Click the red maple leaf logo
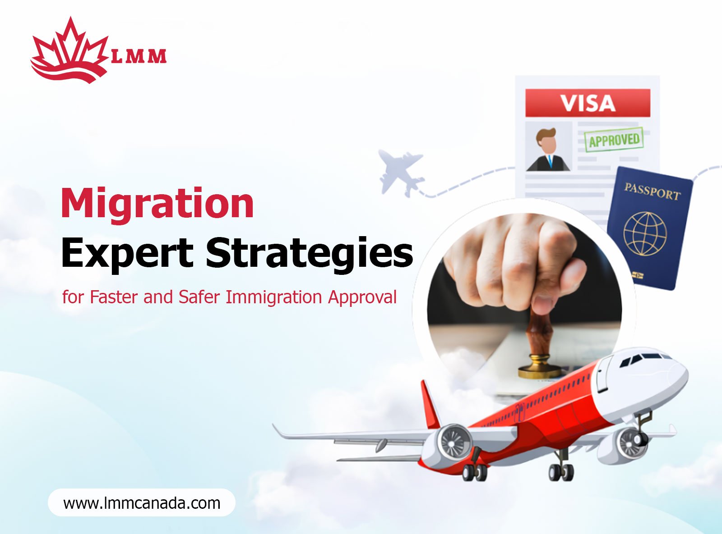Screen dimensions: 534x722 click(70, 52)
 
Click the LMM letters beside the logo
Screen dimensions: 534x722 click(139, 56)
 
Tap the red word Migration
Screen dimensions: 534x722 click(157, 204)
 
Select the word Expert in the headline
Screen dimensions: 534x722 click(127, 253)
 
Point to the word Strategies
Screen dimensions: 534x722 click(309, 253)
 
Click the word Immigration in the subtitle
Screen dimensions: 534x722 click(273, 297)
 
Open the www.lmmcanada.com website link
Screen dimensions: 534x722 click(142, 503)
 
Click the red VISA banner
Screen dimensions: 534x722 click(588, 103)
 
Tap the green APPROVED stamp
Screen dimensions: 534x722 click(614, 140)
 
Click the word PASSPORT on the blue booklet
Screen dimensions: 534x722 click(652, 192)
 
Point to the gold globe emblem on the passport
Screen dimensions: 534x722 click(645, 233)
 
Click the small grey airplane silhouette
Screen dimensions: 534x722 click(401, 172)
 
